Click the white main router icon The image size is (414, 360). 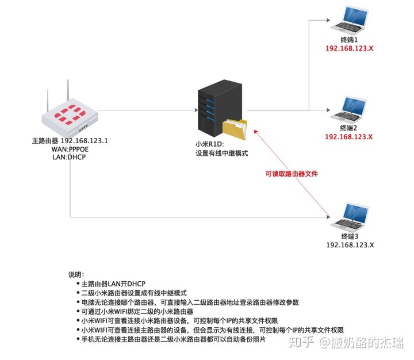[x=68, y=115]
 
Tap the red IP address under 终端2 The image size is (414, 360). [x=349, y=137]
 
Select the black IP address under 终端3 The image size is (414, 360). [x=350, y=245]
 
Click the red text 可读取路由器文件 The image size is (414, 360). [x=291, y=174]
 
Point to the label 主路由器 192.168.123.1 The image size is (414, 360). [x=70, y=141]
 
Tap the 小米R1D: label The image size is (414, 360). [x=210, y=145]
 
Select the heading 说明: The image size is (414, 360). [x=76, y=274]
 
